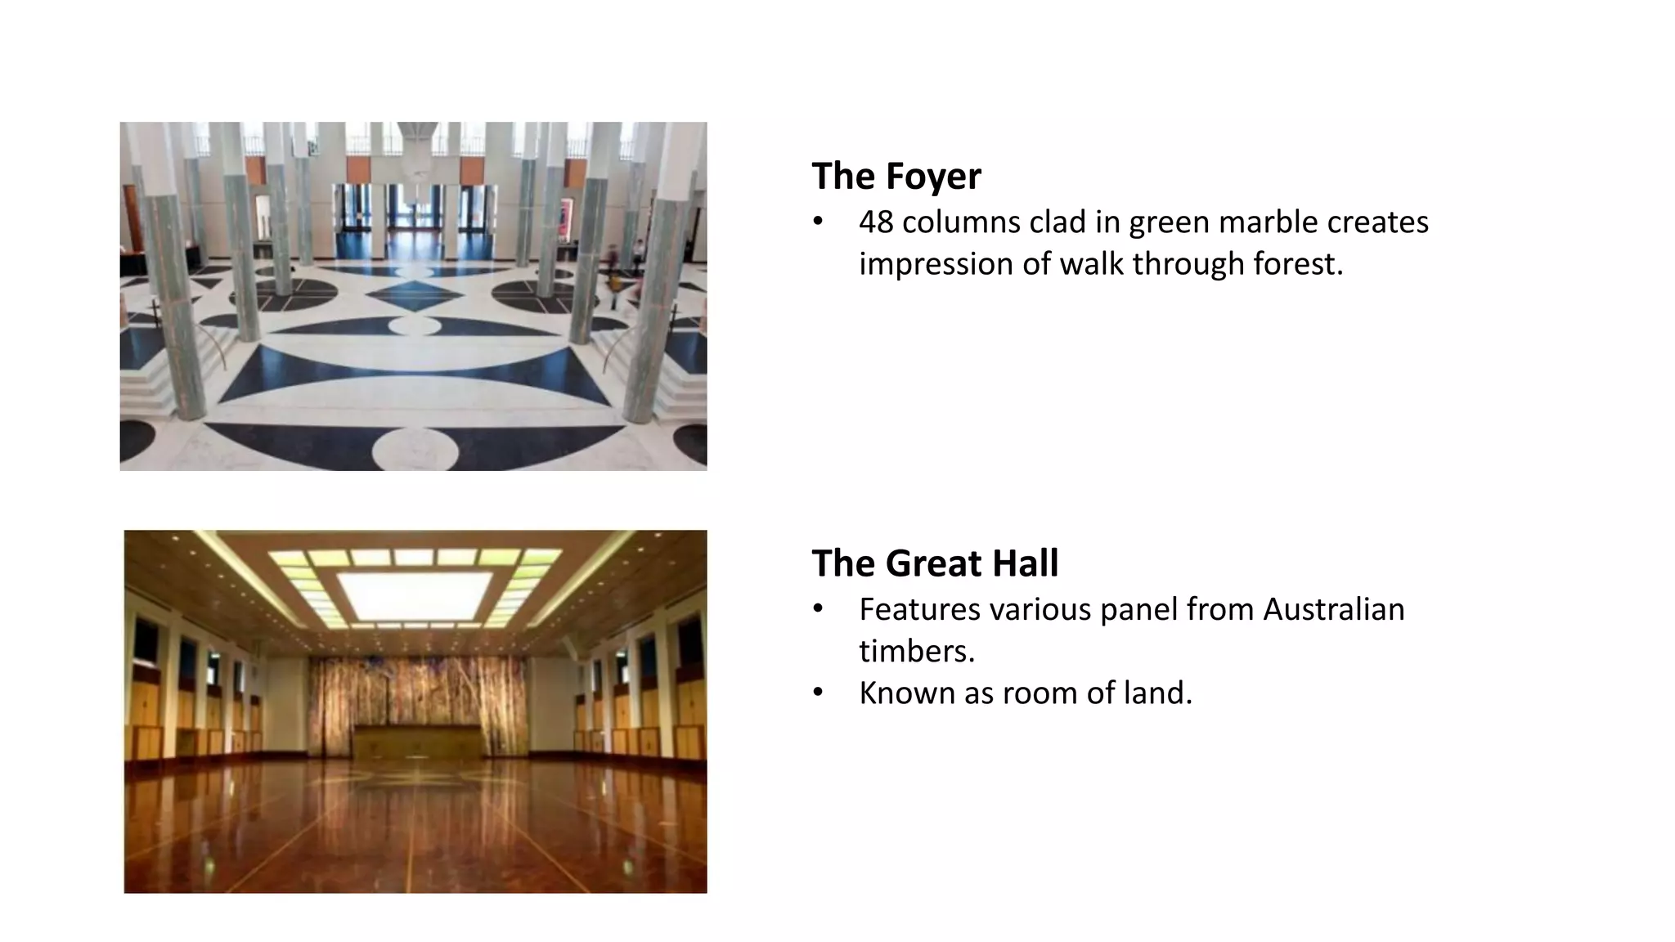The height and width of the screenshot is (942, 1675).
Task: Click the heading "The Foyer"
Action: pyautogui.click(x=896, y=177)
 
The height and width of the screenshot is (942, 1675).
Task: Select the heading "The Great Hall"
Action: pyautogui.click(x=934, y=563)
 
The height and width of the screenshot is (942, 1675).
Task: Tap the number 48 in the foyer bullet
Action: pyautogui.click(x=876, y=222)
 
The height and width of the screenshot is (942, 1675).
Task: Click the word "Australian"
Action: pyautogui.click(x=1333, y=610)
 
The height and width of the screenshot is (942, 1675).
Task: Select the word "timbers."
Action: pyautogui.click(x=917, y=652)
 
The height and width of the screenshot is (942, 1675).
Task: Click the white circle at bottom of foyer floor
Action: pyautogui.click(x=415, y=448)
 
